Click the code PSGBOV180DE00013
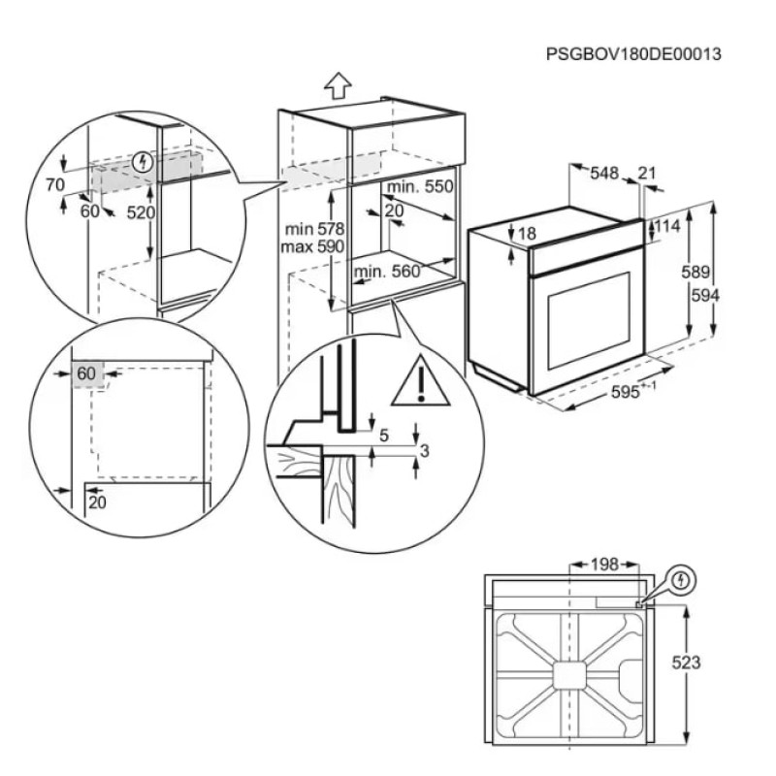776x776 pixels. point(634,54)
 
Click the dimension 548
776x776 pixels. point(604,174)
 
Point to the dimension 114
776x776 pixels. point(667,226)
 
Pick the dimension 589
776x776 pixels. point(695,273)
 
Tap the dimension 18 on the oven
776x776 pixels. point(527,234)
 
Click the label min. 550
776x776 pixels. point(420,186)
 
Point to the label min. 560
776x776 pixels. point(387,273)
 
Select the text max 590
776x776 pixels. point(308,247)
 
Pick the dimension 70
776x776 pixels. point(54,183)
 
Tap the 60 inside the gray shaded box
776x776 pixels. point(86,373)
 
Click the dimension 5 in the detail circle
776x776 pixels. point(383,436)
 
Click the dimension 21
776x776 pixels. point(647,174)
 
